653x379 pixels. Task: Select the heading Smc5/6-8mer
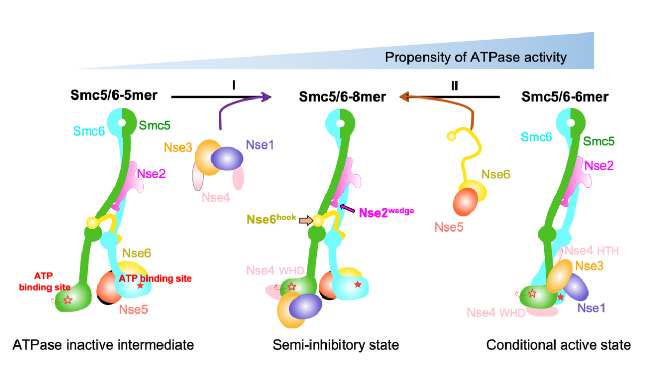(342, 96)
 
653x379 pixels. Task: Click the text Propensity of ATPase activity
(475, 57)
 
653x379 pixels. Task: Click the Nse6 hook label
(271, 219)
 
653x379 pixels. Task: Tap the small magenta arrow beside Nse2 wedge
(348, 208)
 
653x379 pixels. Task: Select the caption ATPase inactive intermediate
(103, 344)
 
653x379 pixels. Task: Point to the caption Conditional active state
(559, 344)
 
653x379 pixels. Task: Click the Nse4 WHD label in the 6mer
(496, 312)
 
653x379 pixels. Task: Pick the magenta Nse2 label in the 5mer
(151, 174)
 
